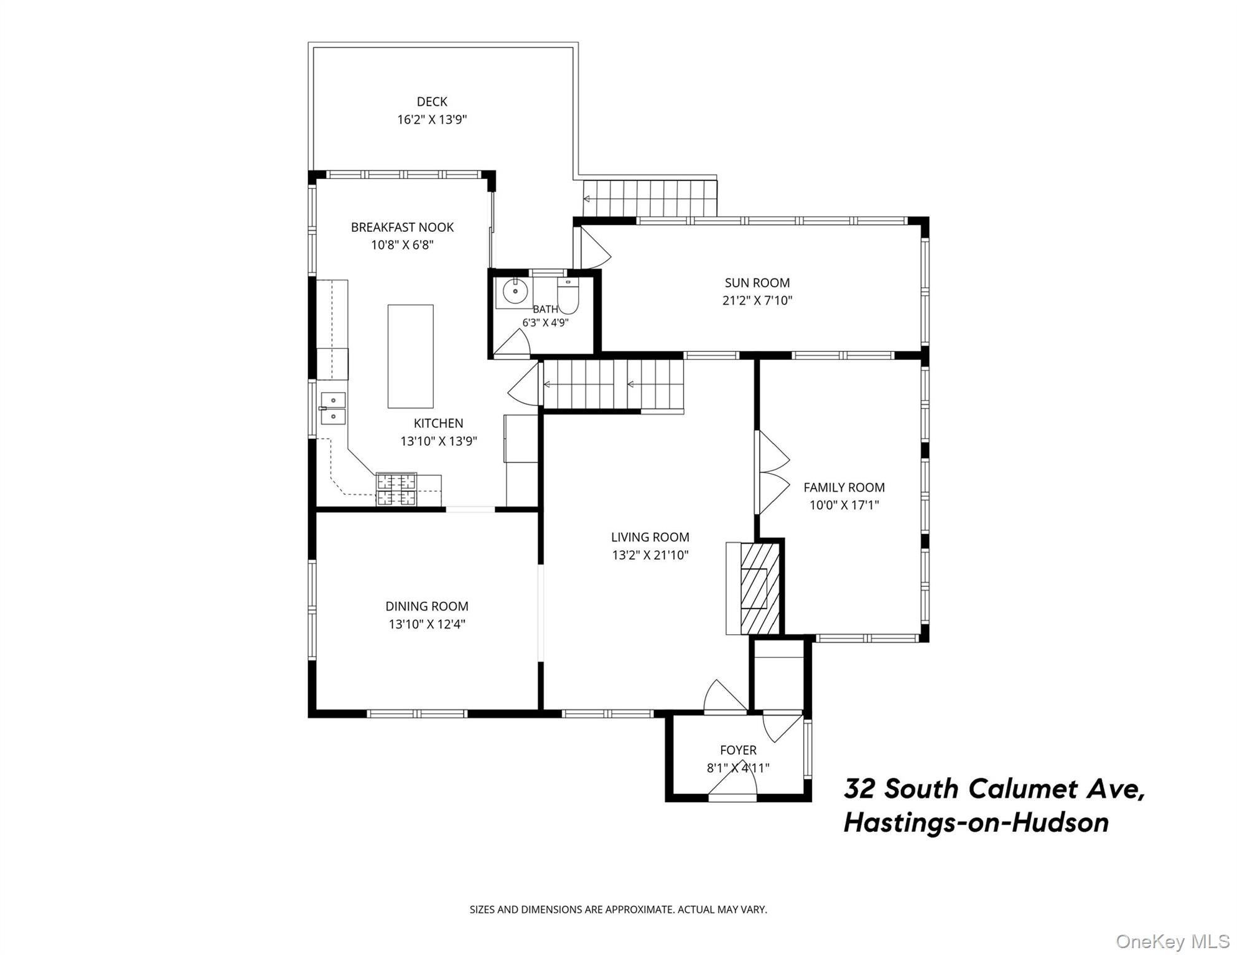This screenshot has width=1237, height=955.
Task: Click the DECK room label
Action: click(x=432, y=101)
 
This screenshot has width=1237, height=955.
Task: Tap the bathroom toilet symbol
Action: click(x=568, y=296)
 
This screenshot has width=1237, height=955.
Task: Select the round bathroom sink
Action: click(x=515, y=290)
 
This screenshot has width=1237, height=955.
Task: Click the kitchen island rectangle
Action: click(x=411, y=356)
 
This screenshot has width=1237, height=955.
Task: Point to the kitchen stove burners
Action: click(x=396, y=489)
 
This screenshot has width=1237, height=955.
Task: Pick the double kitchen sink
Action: click(x=333, y=408)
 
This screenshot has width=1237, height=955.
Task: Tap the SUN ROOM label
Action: click(x=757, y=283)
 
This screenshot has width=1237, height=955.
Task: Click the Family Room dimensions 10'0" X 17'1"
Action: click(x=844, y=505)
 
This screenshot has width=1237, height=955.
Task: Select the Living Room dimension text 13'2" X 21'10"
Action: click(x=650, y=555)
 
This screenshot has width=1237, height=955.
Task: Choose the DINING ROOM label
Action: click(x=427, y=606)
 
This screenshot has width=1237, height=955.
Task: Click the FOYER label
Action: click(x=739, y=750)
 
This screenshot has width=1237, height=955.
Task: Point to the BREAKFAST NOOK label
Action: click(x=403, y=228)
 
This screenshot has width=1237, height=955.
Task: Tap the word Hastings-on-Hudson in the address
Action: click(x=976, y=823)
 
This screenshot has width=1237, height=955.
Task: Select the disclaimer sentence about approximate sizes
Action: click(x=618, y=910)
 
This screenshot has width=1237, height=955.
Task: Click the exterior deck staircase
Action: click(x=650, y=198)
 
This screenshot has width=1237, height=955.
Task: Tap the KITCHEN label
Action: click(x=439, y=423)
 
